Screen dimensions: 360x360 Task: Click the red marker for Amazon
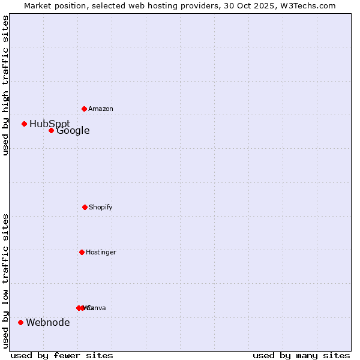click(84, 109)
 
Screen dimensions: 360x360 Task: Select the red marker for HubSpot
click(24, 124)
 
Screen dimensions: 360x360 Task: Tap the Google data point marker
click(51, 130)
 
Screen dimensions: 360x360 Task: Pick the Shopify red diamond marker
click(85, 207)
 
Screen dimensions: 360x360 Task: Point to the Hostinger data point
click(82, 252)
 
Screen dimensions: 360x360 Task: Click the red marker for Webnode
click(20, 322)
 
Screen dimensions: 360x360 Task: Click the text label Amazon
click(101, 109)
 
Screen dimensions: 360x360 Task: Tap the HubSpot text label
click(50, 124)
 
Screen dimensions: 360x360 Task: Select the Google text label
click(73, 130)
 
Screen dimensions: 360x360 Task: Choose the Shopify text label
click(101, 207)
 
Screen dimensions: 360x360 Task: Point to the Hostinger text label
click(101, 252)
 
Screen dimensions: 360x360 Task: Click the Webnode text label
click(47, 322)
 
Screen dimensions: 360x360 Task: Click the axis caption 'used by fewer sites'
click(62, 355)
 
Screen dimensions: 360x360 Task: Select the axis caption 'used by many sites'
click(301, 355)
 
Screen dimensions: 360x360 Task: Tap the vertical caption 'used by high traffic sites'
click(5, 85)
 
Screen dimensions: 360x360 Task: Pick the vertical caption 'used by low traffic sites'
click(5, 281)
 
